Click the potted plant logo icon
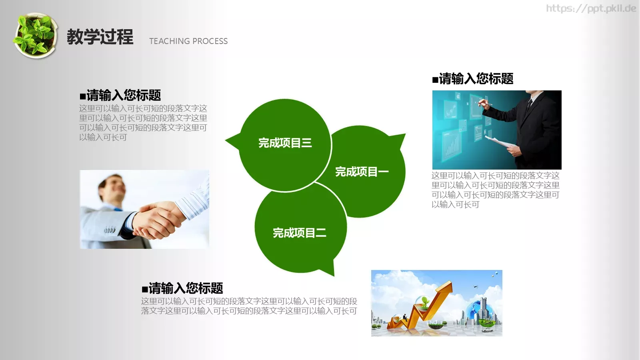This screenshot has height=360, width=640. [x=35, y=36]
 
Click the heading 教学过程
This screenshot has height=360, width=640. [x=100, y=37]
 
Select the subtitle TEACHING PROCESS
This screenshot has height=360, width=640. [x=188, y=41]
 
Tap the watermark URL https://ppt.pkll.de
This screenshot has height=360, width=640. [x=591, y=8]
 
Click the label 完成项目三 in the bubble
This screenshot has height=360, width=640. [x=285, y=143]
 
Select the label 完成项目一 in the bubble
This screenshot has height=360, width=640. [x=362, y=172]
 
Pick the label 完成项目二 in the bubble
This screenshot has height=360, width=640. [x=299, y=233]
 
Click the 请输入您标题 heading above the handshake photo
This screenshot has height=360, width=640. [x=120, y=95]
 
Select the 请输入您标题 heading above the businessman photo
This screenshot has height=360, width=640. [x=473, y=79]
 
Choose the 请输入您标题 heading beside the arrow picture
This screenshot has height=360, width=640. [x=182, y=288]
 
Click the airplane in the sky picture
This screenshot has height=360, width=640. [x=476, y=287]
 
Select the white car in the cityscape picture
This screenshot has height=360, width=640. [x=486, y=330]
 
